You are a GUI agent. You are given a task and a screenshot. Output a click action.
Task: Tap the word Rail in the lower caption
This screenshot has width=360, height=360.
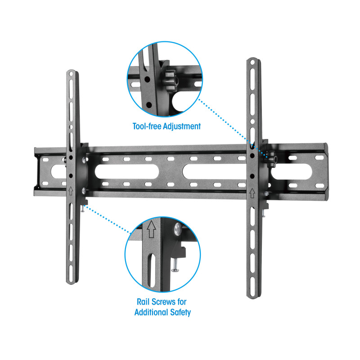click(x=143, y=301)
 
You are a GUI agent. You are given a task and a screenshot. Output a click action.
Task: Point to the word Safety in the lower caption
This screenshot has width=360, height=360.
click(x=180, y=312)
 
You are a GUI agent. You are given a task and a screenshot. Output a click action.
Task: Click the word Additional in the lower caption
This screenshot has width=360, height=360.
click(x=151, y=312)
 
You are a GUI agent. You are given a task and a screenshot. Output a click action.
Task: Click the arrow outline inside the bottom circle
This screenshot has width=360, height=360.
click(x=151, y=229)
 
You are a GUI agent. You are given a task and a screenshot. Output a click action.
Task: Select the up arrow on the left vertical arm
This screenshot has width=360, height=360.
click(x=71, y=190)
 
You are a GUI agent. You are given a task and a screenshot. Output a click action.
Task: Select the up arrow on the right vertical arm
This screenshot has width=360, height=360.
click(x=252, y=193)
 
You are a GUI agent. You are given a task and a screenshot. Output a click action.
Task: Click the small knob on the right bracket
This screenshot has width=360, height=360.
click(x=272, y=159)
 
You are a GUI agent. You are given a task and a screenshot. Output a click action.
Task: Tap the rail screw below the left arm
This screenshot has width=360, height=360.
click(x=82, y=208)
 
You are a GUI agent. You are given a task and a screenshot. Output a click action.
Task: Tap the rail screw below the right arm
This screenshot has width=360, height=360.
click(x=264, y=213)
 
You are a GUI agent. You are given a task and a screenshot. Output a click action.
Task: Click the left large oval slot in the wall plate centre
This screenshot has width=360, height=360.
click(x=127, y=171)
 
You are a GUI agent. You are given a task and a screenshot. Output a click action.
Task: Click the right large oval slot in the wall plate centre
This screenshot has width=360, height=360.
click(x=215, y=171)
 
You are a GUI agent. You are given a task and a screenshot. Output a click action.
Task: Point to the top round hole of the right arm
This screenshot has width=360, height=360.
click(x=252, y=62)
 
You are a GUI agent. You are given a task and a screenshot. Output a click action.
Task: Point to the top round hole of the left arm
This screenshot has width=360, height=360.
click(x=71, y=74)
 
